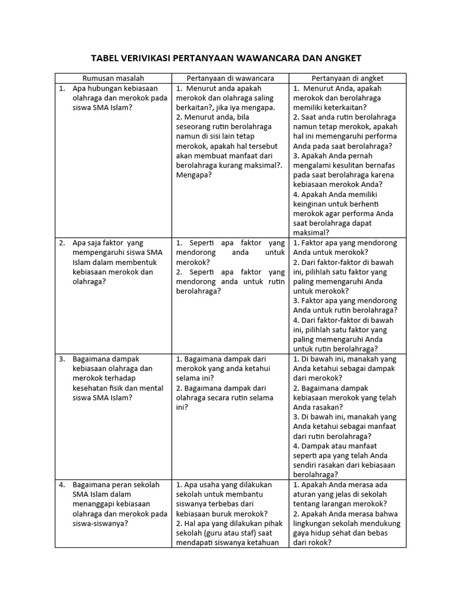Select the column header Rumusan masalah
coord(113,78)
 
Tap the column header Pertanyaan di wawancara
coord(230,78)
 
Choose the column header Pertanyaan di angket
coord(347,78)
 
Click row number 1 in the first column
coord(61,88)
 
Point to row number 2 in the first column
coord(61,243)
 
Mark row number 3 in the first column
coord(61,359)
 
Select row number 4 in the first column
coord(61,485)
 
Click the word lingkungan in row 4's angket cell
coord(314,523)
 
